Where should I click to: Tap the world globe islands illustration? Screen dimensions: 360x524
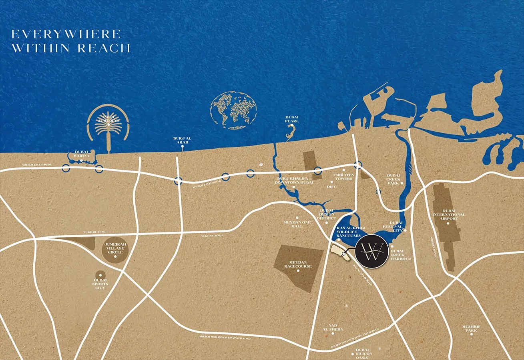click(x=233, y=110)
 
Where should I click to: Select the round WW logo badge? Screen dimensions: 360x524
click(x=371, y=250)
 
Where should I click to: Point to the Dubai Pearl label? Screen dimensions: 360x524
click(x=292, y=119)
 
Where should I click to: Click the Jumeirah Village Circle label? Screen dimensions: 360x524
click(x=114, y=248)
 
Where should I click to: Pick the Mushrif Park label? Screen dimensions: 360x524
click(x=471, y=328)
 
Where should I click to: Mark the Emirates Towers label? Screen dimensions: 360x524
click(x=343, y=176)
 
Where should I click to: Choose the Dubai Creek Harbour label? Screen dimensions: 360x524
click(x=400, y=255)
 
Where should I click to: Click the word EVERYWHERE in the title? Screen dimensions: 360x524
click(x=66, y=34)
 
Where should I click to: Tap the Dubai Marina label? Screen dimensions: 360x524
click(x=81, y=154)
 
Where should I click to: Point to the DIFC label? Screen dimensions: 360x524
click(x=332, y=186)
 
